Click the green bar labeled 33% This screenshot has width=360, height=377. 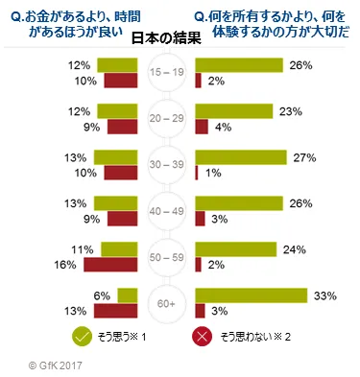tap(251, 295)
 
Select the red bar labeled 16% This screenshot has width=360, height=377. tap(111, 265)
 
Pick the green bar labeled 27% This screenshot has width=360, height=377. tap(241, 156)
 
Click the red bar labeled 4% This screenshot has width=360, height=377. tap(202, 127)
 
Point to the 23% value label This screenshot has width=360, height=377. tap(292, 110)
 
